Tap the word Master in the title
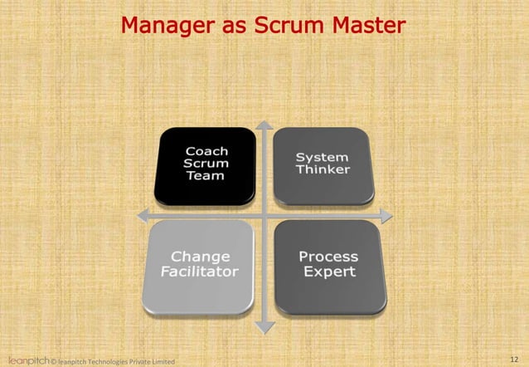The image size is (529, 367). tap(368, 26)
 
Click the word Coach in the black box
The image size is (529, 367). tap(206, 151)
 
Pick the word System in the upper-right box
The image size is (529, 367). tap(323, 158)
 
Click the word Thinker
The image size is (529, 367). tap(323, 170)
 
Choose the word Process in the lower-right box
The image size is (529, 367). tap(328, 257)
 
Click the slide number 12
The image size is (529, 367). tap(513, 358)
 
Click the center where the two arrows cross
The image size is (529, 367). tap(264, 216)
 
